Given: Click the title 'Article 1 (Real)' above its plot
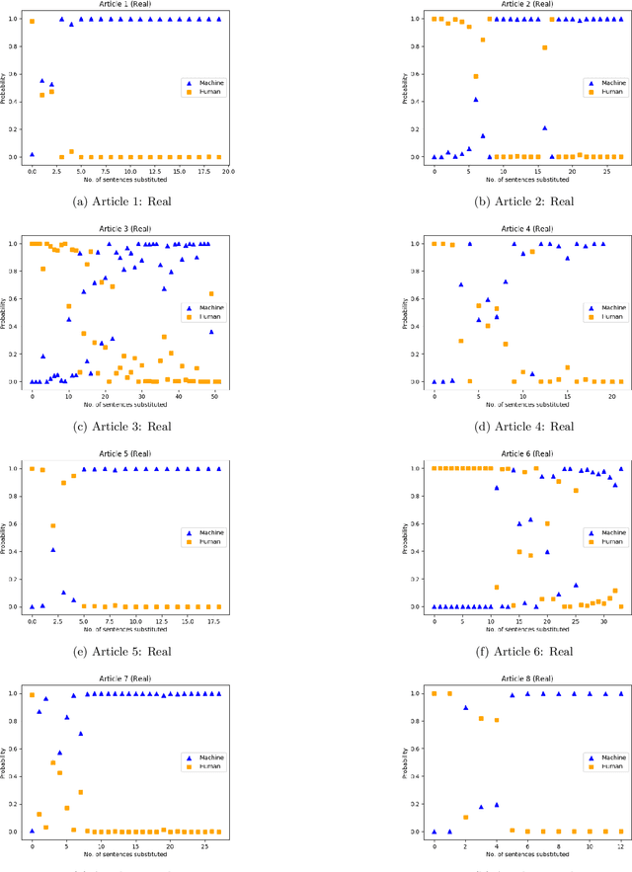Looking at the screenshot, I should coord(125,5).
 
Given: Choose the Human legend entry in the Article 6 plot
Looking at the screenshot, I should coord(603,541).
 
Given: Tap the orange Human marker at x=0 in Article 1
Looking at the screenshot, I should coord(32,21).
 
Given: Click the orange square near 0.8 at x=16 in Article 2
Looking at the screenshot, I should coord(544,47).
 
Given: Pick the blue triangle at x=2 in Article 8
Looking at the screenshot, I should coord(466,707).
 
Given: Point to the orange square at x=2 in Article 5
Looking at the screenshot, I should coord(52,525).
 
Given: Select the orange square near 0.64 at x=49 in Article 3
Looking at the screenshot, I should coord(211,293).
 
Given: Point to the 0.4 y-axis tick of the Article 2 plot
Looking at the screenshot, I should coord(419,102).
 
